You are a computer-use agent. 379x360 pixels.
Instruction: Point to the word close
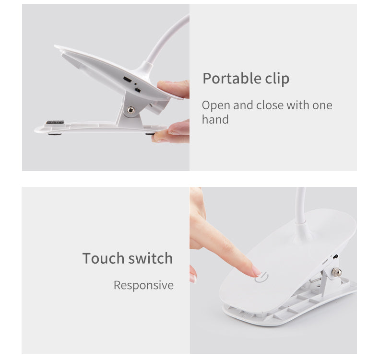coord(268,105)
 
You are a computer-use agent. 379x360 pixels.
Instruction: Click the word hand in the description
coord(215,119)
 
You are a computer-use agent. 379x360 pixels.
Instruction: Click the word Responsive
coord(143,285)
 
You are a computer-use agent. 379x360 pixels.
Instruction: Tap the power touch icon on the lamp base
coord(261,277)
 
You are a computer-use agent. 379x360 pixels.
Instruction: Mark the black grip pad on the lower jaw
coord(55,123)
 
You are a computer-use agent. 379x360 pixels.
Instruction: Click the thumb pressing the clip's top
coord(174,88)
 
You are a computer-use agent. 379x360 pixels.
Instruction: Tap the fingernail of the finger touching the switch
coord(256,271)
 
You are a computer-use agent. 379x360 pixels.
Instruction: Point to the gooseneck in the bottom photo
coord(301,206)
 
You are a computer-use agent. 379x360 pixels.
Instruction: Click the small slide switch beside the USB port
coord(138,90)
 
